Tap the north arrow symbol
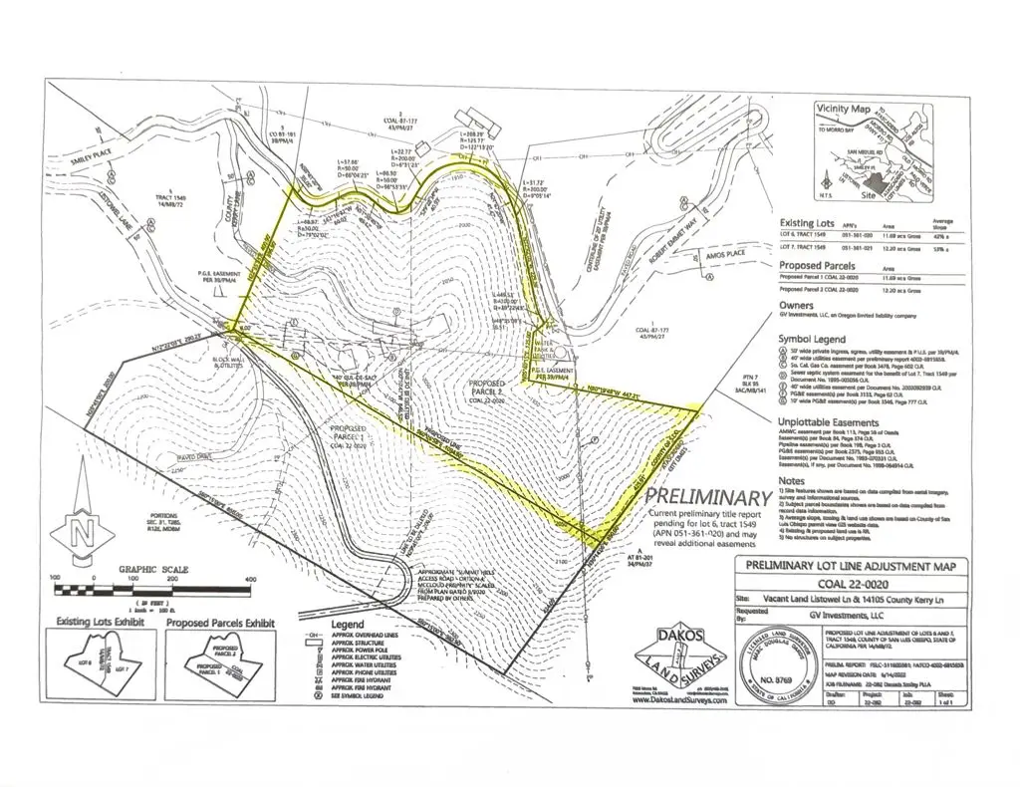78,536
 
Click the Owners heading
796,306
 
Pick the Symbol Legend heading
818,339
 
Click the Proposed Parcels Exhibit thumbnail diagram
220,661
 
